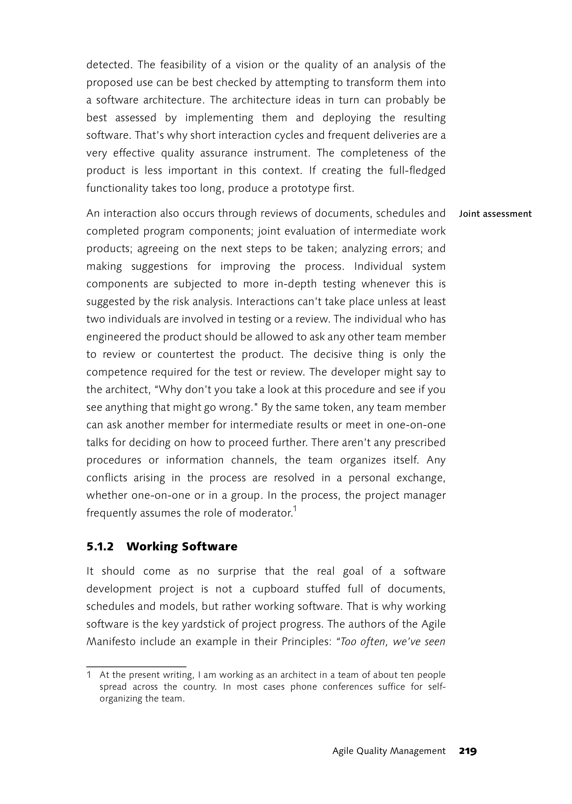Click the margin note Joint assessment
tap(495, 214)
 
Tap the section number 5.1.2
tap(100, 546)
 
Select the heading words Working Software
tap(182, 546)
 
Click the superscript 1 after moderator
tap(295, 509)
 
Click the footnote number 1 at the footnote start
tap(89, 675)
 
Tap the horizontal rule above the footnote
tap(136, 667)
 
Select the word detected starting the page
tap(109, 65)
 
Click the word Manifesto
tap(111, 642)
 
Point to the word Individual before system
tap(378, 266)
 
